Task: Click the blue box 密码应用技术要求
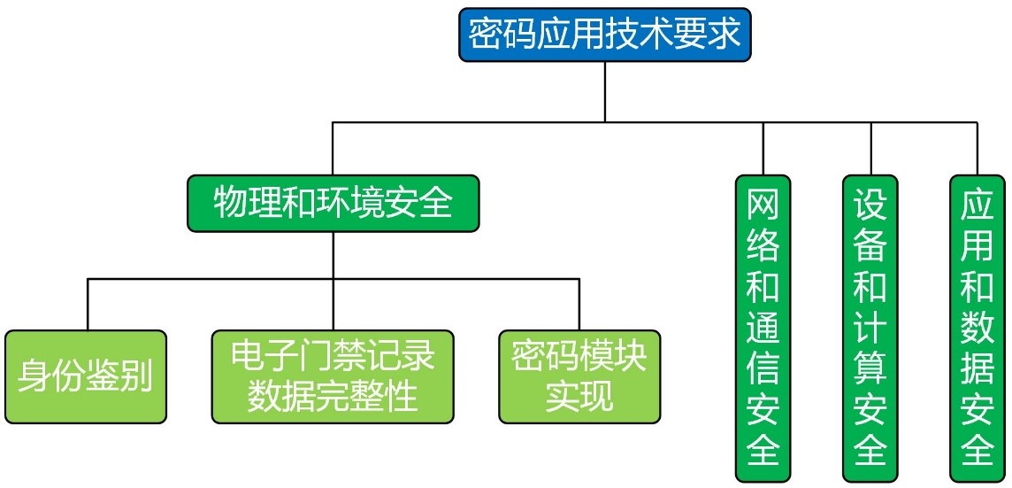click(x=605, y=35)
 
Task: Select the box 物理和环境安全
click(x=333, y=205)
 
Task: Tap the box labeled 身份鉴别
click(x=86, y=376)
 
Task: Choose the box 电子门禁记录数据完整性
click(x=333, y=376)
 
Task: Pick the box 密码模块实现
click(x=579, y=376)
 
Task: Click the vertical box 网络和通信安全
click(x=763, y=328)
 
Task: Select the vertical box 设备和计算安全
click(x=870, y=328)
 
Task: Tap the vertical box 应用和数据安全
click(x=977, y=328)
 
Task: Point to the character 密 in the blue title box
click(x=485, y=35)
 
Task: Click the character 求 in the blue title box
click(x=725, y=35)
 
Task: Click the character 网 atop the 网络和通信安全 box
click(x=763, y=205)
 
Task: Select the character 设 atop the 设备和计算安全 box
click(x=870, y=205)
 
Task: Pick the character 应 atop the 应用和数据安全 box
click(x=977, y=205)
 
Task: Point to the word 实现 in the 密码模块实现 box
click(x=579, y=396)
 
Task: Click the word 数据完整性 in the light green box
click(x=333, y=396)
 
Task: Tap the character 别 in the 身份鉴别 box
click(x=137, y=377)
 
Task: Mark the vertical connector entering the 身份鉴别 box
click(x=87, y=305)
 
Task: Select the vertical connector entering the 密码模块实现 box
click(x=579, y=305)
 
